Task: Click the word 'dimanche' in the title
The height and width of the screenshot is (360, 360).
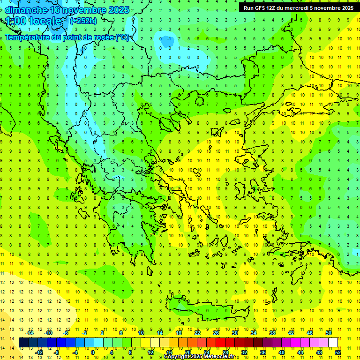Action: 26,10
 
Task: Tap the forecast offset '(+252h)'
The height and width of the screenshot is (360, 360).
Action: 84,21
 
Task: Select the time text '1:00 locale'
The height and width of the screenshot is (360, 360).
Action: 34,21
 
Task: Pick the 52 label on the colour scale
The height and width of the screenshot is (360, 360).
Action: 338,352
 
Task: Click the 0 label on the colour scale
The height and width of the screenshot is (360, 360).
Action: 93,352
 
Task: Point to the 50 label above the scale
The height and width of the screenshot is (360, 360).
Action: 329,333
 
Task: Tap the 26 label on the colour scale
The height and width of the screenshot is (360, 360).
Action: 216,333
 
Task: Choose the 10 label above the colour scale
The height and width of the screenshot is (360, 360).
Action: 141,333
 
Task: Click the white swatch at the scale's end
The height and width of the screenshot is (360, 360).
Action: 333,343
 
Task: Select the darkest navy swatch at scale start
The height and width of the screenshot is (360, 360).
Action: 23,343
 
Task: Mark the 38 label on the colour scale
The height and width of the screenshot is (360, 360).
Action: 272,333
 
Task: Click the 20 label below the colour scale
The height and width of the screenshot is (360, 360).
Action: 187,352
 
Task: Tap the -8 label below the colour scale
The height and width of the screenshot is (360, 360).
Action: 57,352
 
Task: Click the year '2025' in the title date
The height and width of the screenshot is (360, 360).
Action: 119,10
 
